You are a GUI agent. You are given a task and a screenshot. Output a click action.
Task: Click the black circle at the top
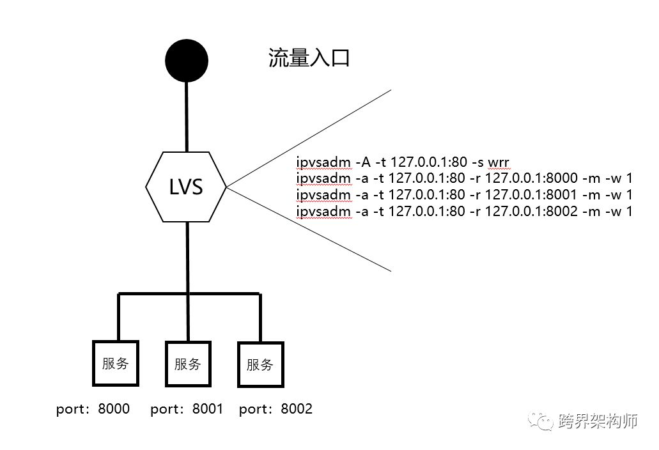187,61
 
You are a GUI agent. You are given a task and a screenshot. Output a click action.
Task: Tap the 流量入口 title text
309,60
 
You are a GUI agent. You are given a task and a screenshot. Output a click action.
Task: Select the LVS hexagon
186,187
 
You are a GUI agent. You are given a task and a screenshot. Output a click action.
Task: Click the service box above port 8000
116,363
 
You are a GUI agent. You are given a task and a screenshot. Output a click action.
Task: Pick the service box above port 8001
188,364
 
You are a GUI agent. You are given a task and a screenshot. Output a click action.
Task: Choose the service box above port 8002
260,364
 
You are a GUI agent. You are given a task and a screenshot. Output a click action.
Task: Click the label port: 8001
187,409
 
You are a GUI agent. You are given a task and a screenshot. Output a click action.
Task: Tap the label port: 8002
275,409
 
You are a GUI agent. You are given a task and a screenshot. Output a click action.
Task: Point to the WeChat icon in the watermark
543,421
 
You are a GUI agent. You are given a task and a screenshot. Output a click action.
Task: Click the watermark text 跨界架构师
598,421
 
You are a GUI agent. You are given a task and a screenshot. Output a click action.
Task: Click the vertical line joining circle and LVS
186,115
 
